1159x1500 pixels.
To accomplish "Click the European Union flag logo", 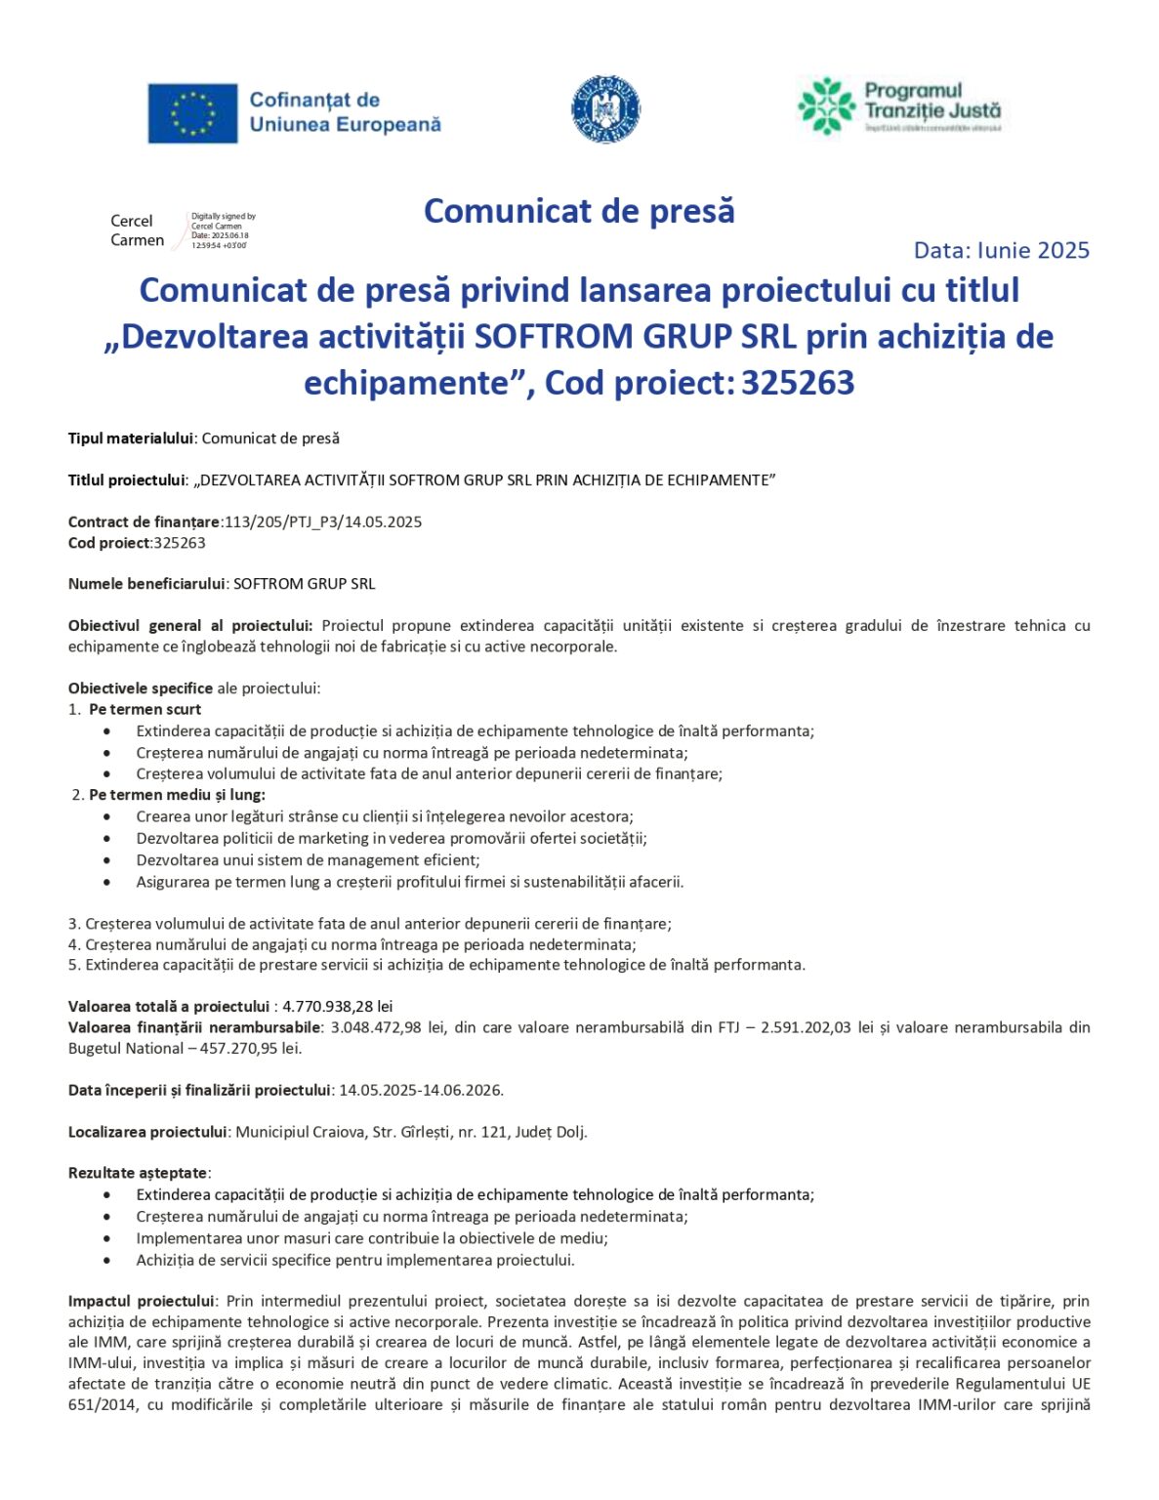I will point(192,112).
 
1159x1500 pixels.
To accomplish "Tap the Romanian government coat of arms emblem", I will point(605,109).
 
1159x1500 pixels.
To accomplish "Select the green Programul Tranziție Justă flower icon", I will point(826,105).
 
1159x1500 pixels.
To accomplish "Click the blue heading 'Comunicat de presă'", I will point(579,211).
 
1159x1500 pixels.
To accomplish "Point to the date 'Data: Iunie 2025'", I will point(1001,251).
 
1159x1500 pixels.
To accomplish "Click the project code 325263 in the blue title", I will point(798,383).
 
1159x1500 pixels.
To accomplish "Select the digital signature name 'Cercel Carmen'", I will point(137,230).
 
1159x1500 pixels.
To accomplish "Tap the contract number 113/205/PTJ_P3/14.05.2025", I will point(323,521).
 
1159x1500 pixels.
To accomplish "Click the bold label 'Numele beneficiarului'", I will point(146,584).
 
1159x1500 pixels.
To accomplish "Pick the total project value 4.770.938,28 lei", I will point(338,1006).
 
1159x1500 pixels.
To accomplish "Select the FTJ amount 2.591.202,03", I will point(806,1027).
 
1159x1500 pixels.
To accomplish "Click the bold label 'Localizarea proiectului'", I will point(147,1132).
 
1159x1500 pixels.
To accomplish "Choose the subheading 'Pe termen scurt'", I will point(145,710).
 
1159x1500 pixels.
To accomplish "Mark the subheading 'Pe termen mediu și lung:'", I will point(177,795).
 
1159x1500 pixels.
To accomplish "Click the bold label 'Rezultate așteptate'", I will point(138,1173).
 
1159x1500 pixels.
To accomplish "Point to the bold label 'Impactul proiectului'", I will point(142,1301).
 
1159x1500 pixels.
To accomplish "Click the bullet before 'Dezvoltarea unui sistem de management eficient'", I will point(107,860).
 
